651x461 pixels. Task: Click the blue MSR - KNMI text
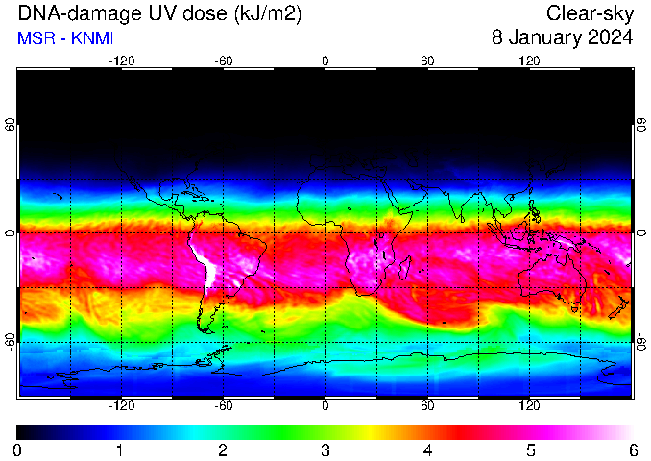coord(65,38)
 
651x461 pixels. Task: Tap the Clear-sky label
coord(590,14)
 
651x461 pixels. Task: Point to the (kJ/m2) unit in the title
coord(267,14)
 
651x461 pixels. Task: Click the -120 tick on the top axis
coord(122,61)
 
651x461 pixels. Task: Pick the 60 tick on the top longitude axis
coord(427,61)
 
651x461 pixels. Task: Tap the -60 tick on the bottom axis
coord(224,405)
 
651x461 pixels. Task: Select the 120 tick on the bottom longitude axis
coord(529,405)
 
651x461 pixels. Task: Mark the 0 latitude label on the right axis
coord(641,233)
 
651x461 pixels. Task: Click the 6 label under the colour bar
coord(633,450)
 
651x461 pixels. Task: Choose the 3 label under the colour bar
coord(325,450)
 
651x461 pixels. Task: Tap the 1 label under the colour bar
coord(120,450)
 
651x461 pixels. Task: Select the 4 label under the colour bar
coord(428,450)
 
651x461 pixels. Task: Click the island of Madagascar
coord(405,267)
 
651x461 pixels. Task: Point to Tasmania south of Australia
coord(574,309)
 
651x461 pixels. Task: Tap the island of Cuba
coord(200,197)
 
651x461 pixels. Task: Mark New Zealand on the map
coord(619,307)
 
